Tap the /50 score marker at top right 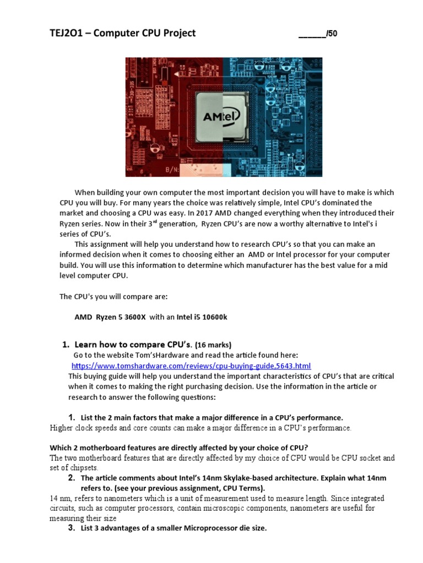tap(332, 34)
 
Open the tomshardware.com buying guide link tap(191, 366)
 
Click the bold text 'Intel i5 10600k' tap(202, 317)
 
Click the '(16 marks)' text tap(208, 345)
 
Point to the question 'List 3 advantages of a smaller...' tap(173, 528)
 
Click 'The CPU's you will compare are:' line tap(113, 296)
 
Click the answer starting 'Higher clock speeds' tap(200, 427)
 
